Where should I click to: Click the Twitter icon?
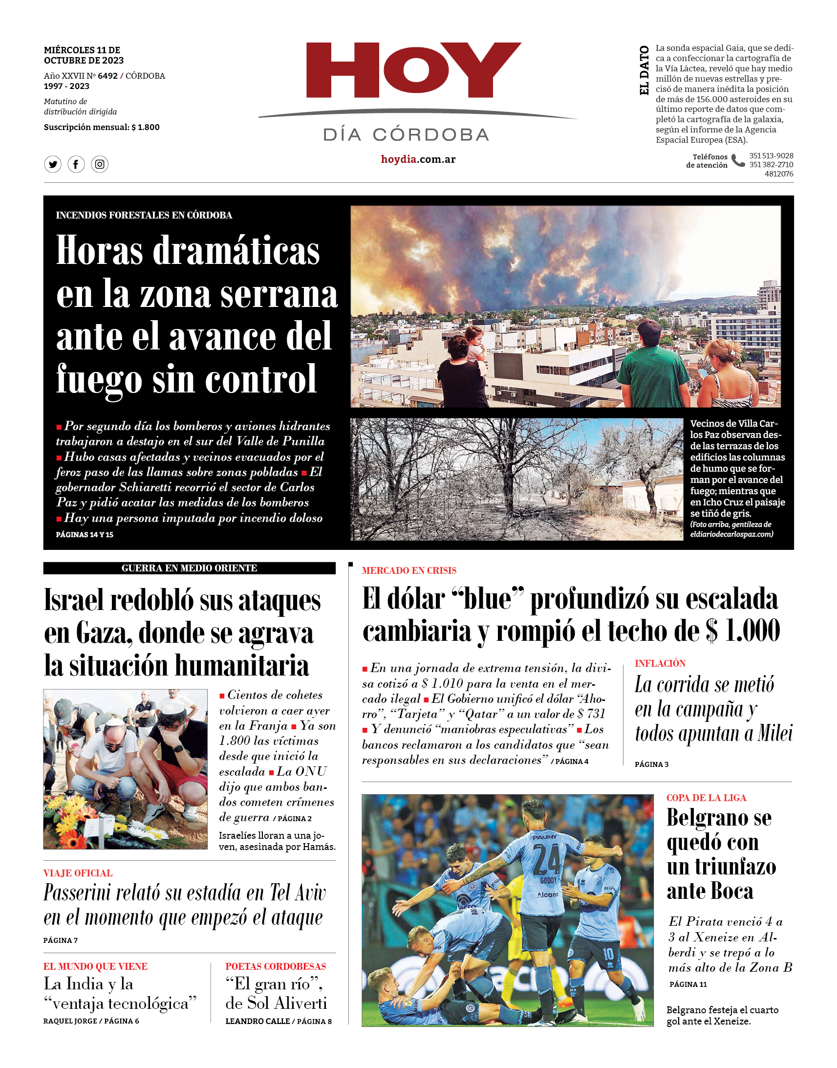[53, 164]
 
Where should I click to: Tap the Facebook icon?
[76, 164]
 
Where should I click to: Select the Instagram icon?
[100, 164]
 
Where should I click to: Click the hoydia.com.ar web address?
[418, 159]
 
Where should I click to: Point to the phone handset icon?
[737, 161]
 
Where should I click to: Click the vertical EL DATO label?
[644, 70]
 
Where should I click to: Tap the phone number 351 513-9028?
[771, 156]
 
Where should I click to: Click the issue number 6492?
[107, 76]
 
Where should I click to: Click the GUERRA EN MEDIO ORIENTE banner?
[189, 568]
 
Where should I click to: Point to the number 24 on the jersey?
[546, 859]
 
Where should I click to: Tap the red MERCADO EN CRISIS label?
[408, 570]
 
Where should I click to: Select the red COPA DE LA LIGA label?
[706, 798]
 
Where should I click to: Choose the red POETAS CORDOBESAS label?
[276, 966]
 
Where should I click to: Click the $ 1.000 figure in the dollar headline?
[743, 631]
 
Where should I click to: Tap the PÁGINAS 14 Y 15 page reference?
[85, 535]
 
